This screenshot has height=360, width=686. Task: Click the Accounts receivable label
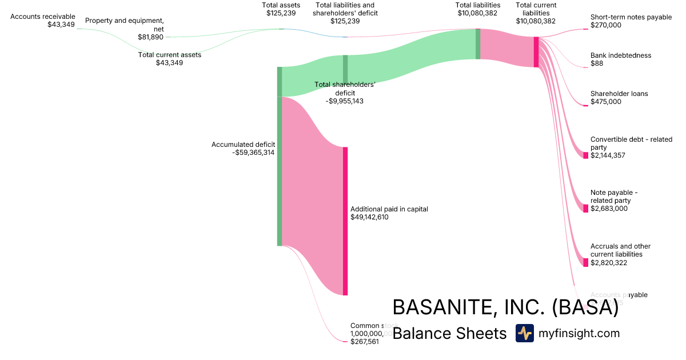43,17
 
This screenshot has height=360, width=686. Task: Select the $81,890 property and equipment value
150,37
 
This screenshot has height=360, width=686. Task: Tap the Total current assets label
170,55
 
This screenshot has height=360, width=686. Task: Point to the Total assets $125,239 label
281,9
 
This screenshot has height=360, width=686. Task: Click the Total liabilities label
478,5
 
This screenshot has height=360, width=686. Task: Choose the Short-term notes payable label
631,17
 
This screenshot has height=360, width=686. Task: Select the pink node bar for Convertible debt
585,155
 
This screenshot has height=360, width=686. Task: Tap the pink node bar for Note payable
585,209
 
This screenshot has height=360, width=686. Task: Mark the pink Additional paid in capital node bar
345,221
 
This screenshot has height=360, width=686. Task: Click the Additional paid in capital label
389,209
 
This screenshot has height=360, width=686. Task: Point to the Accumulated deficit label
243,145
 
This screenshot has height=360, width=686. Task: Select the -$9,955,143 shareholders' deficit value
345,101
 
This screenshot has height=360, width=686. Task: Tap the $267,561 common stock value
364,342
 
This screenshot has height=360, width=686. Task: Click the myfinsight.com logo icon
524,333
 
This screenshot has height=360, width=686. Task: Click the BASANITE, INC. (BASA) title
505,307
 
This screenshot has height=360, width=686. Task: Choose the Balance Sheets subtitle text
449,333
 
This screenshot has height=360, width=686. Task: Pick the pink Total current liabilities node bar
536,52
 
